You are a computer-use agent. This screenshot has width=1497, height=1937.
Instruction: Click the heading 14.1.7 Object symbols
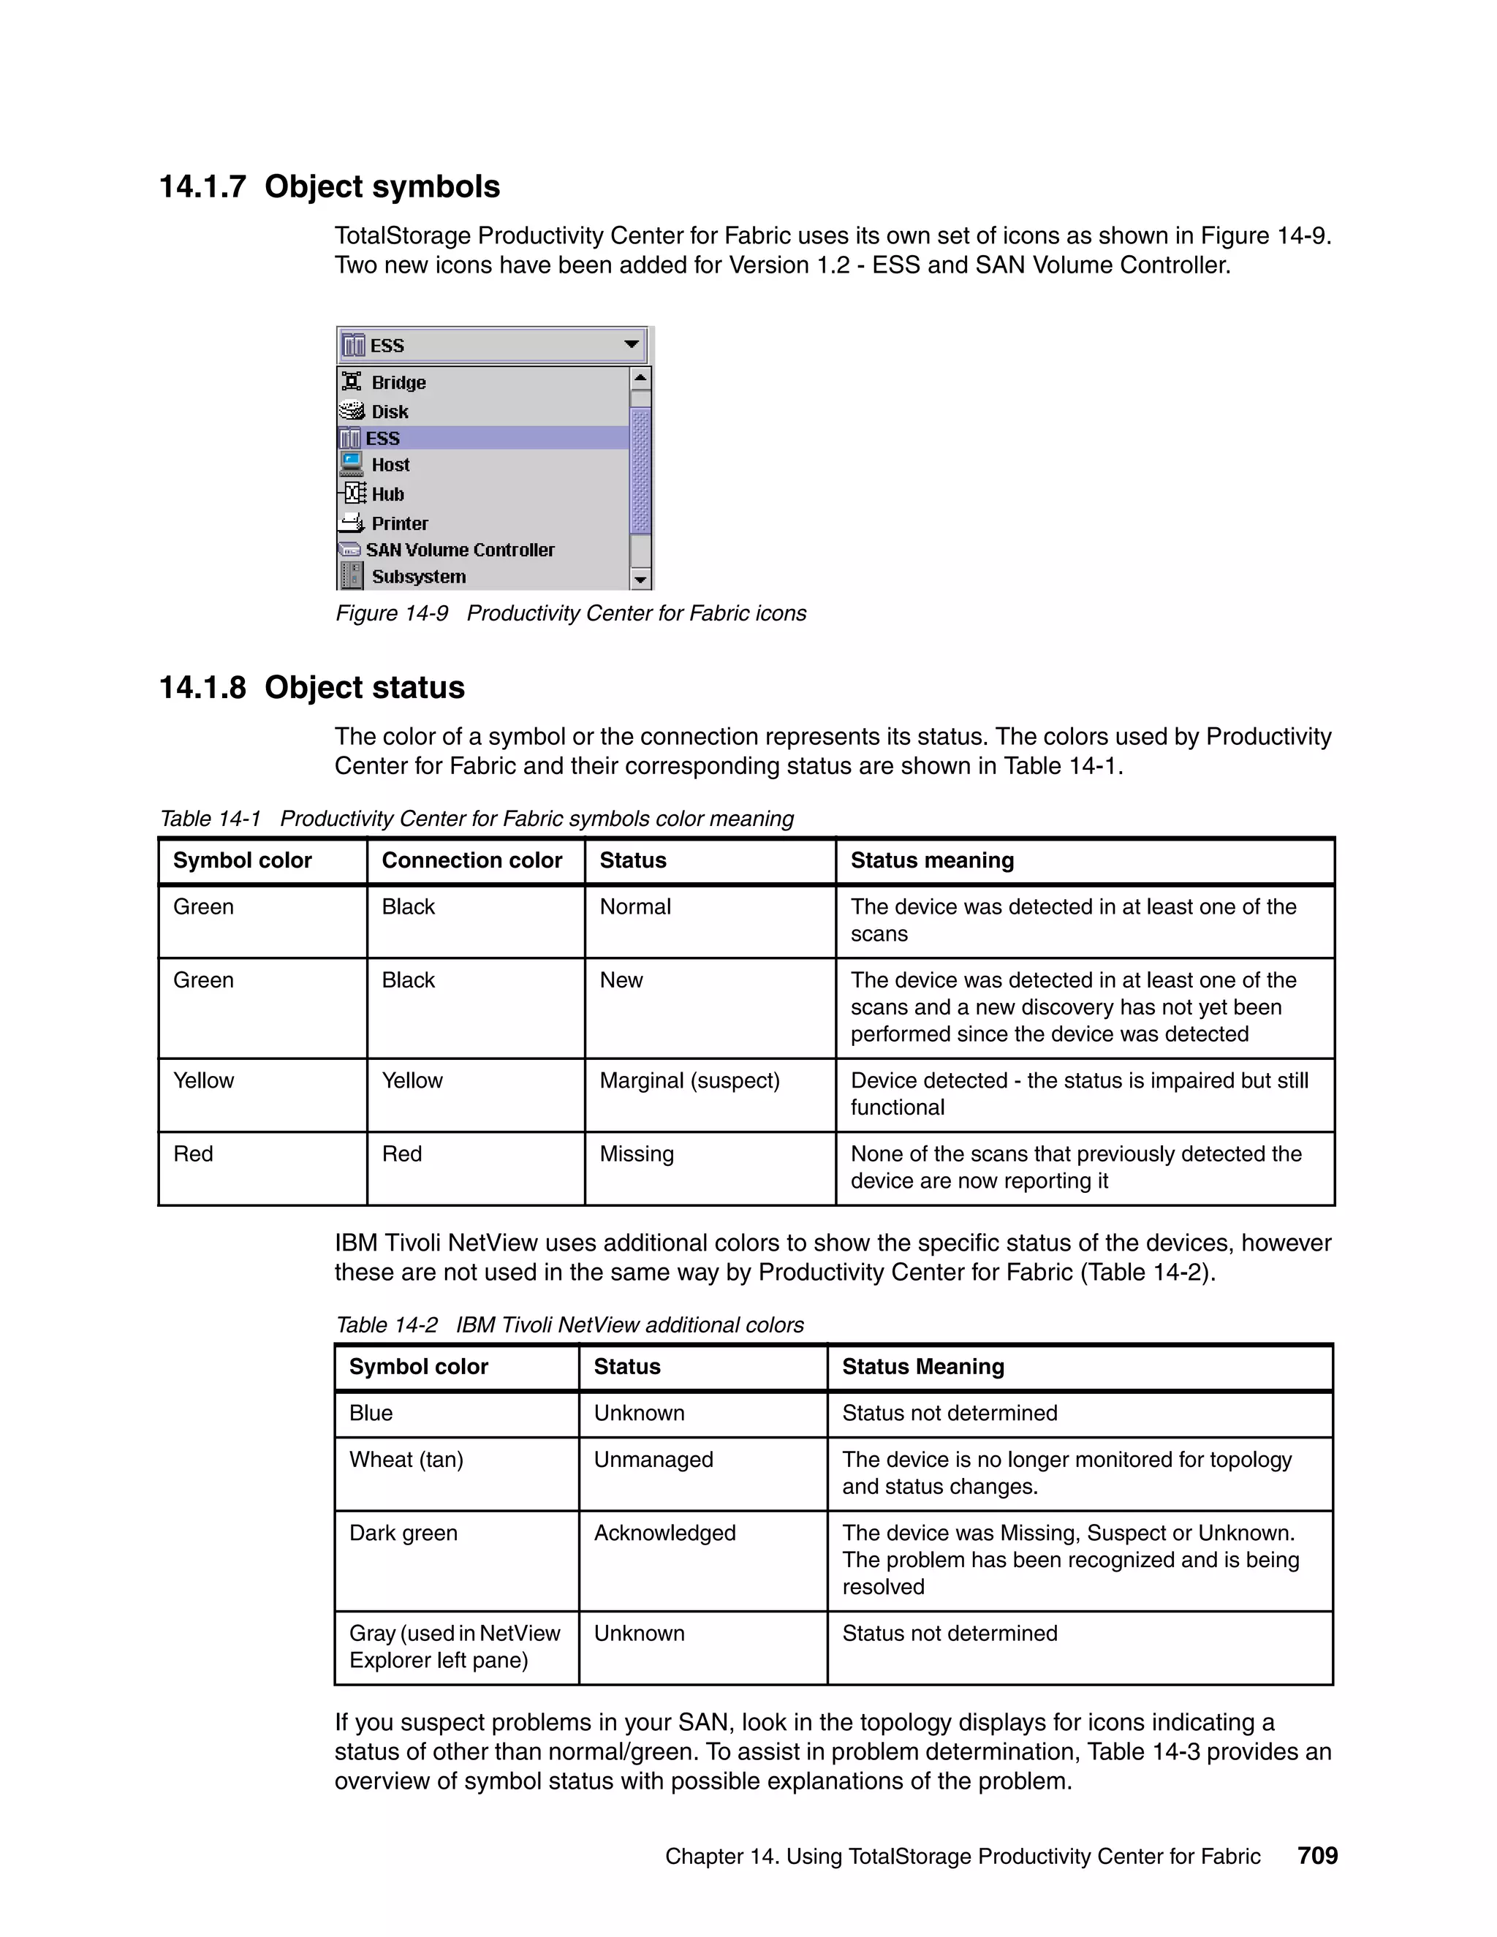coord(329,187)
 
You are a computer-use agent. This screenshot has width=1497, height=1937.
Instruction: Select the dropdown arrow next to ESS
coord(632,345)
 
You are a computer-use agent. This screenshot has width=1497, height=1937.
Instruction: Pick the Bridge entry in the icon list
coord(398,382)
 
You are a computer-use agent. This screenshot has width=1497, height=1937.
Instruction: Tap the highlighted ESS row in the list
coord(383,438)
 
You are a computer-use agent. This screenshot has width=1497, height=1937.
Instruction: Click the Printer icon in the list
coord(352,523)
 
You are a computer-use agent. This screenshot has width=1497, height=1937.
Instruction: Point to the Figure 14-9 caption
coord(570,614)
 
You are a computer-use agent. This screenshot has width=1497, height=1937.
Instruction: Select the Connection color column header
coord(471,860)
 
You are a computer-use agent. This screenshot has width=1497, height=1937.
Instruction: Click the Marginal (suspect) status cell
coord(689,1080)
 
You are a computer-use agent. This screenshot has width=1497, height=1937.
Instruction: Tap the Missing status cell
coord(636,1154)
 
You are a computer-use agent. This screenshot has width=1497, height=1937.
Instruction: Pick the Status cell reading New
coord(621,980)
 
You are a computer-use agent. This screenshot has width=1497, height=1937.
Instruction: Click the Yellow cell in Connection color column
coord(412,1080)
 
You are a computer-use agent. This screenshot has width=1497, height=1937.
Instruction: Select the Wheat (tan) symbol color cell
coord(406,1460)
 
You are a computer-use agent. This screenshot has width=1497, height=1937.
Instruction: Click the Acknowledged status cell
coord(664,1534)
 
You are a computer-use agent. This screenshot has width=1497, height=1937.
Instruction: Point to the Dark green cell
coord(403,1534)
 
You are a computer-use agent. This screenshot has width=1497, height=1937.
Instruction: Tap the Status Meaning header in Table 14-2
coord(922,1367)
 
